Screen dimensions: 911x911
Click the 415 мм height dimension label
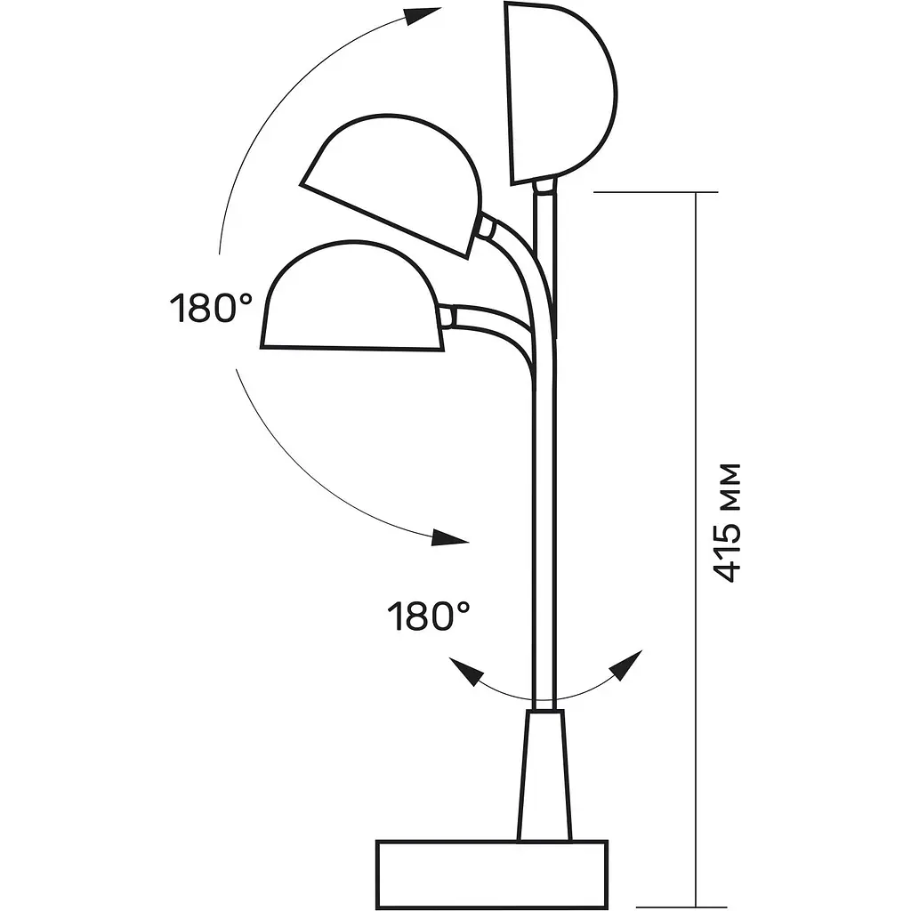tap(727, 522)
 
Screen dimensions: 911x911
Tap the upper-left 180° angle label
tap(211, 308)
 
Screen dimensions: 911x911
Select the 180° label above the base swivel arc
tap(429, 616)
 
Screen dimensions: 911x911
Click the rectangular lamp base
tap(491, 874)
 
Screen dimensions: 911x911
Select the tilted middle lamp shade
tap(391, 185)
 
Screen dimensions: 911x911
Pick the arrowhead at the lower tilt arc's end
tap(450, 538)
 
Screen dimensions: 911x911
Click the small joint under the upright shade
tap(545, 186)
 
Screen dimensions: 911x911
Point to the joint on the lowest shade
tap(447, 318)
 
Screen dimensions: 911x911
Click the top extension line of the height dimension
tap(656, 192)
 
